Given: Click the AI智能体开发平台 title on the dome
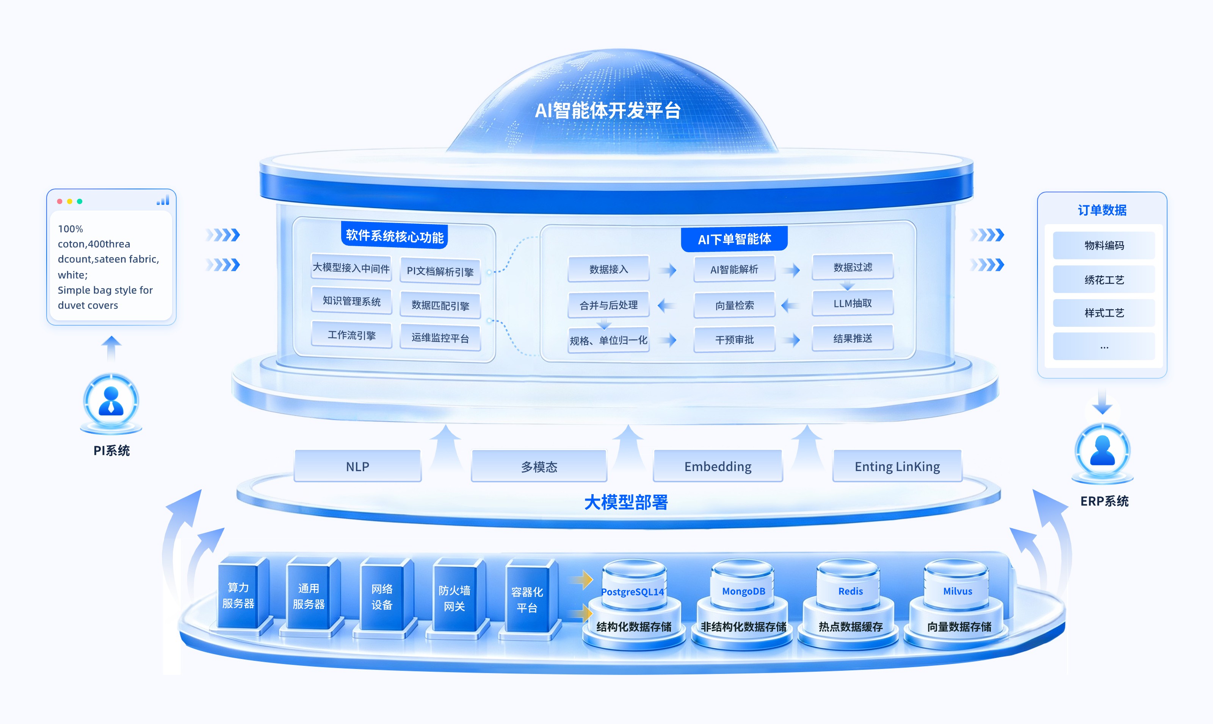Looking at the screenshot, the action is [x=608, y=111].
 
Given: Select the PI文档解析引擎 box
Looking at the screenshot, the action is [x=440, y=271].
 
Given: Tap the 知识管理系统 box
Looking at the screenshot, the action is [x=352, y=301].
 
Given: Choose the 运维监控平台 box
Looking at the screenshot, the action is [x=440, y=338].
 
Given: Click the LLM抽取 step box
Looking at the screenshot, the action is [x=853, y=303].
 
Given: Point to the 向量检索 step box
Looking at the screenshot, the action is [x=735, y=305].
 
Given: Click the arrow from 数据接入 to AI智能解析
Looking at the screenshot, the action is [x=667, y=270].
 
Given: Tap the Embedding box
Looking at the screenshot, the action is [x=718, y=467].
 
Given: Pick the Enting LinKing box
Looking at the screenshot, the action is [x=897, y=467].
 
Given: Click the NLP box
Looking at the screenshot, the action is [x=357, y=467].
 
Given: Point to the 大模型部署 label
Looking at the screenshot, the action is [x=626, y=502].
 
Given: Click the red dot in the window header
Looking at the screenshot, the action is [x=60, y=201].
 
